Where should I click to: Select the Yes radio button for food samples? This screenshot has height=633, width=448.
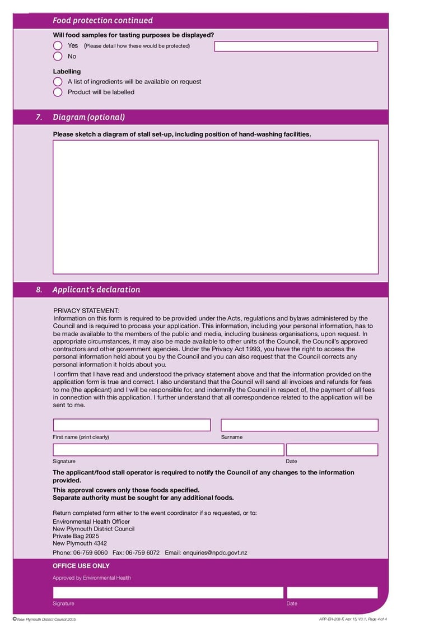(x=58, y=45)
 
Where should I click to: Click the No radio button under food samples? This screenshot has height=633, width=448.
(x=58, y=56)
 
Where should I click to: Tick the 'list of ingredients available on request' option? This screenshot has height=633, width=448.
(x=58, y=82)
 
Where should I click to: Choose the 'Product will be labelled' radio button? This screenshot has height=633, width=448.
(x=58, y=92)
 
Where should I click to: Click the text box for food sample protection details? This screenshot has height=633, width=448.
(x=296, y=46)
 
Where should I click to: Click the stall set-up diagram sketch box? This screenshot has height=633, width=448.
(x=216, y=207)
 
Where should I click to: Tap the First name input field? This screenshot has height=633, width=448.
(x=132, y=425)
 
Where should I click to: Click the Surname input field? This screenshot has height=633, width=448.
(x=299, y=425)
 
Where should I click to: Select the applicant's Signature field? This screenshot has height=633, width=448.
(x=168, y=450)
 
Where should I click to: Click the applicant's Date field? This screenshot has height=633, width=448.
(x=332, y=450)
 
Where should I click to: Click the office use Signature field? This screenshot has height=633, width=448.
(x=168, y=593)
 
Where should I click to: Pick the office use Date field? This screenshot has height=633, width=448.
(x=332, y=593)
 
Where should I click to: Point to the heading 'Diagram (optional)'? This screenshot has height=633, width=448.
(x=88, y=117)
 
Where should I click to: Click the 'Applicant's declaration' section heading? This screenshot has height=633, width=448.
(x=96, y=290)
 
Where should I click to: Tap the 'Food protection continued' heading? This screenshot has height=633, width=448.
(x=102, y=21)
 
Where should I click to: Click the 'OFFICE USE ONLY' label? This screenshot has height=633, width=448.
(x=81, y=566)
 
